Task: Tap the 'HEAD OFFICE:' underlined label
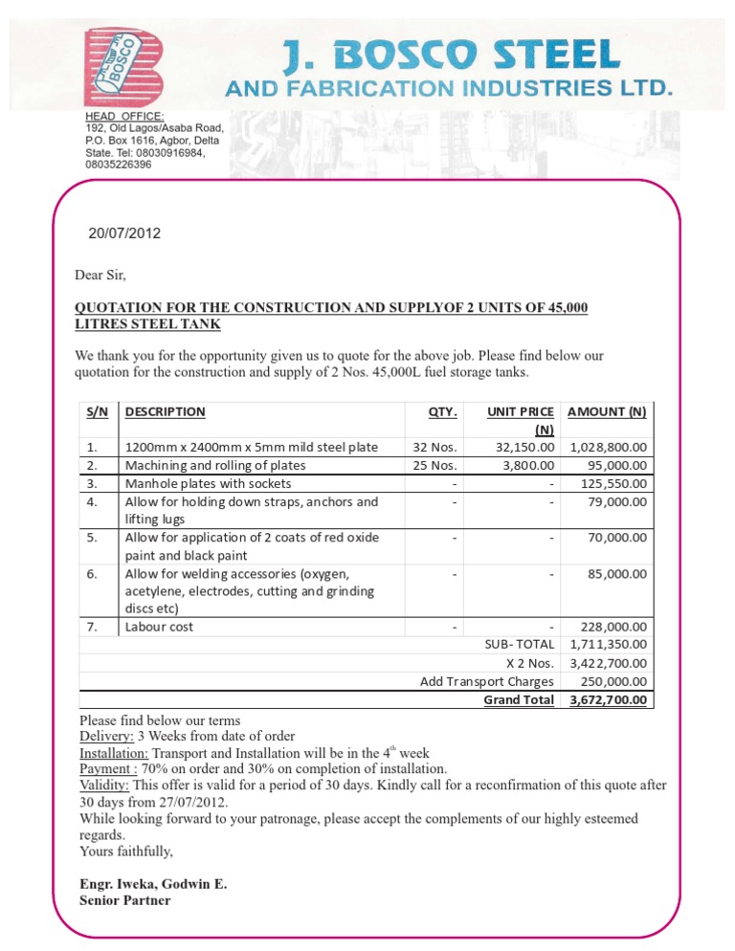click(125, 116)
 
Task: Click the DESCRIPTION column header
click(165, 411)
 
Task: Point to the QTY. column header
click(442, 412)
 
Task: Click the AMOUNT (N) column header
click(607, 411)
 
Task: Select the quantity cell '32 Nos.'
click(435, 447)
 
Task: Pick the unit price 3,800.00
click(525, 465)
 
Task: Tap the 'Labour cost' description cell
click(159, 627)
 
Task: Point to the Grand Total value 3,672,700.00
click(608, 699)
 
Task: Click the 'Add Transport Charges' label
click(487, 681)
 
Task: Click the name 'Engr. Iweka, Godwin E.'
click(153, 884)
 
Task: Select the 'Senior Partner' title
click(125, 900)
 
